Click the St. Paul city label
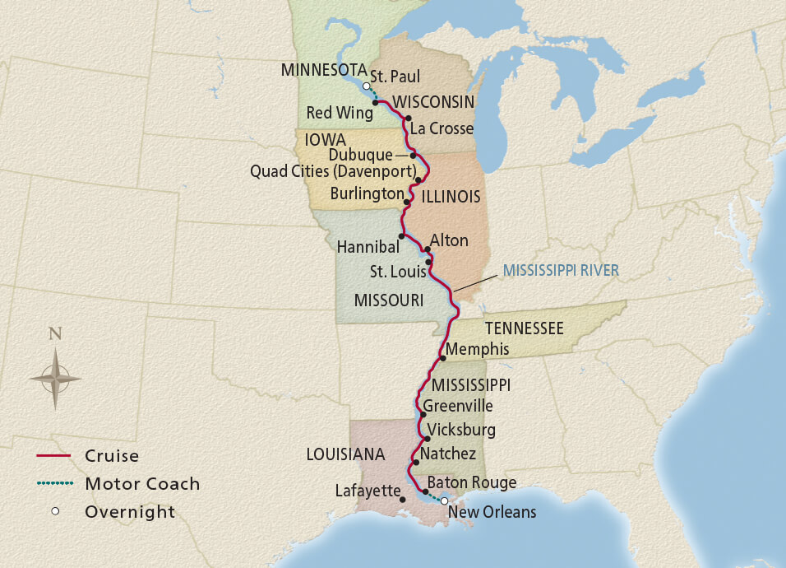pos(395,77)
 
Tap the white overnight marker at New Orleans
pos(445,500)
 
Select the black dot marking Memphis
pos(443,358)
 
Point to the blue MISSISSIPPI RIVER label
pos(561,269)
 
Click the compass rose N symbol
pos(55,333)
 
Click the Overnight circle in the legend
pos(55,511)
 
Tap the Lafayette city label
pos(365,491)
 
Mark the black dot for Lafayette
pos(402,499)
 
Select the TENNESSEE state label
pos(523,329)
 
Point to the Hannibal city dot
pos(400,236)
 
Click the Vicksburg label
pos(461,430)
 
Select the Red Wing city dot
pos(375,103)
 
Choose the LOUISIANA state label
pos(345,454)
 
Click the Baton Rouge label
pos(472,482)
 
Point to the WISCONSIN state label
pos(433,102)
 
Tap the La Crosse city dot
pos(409,119)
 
